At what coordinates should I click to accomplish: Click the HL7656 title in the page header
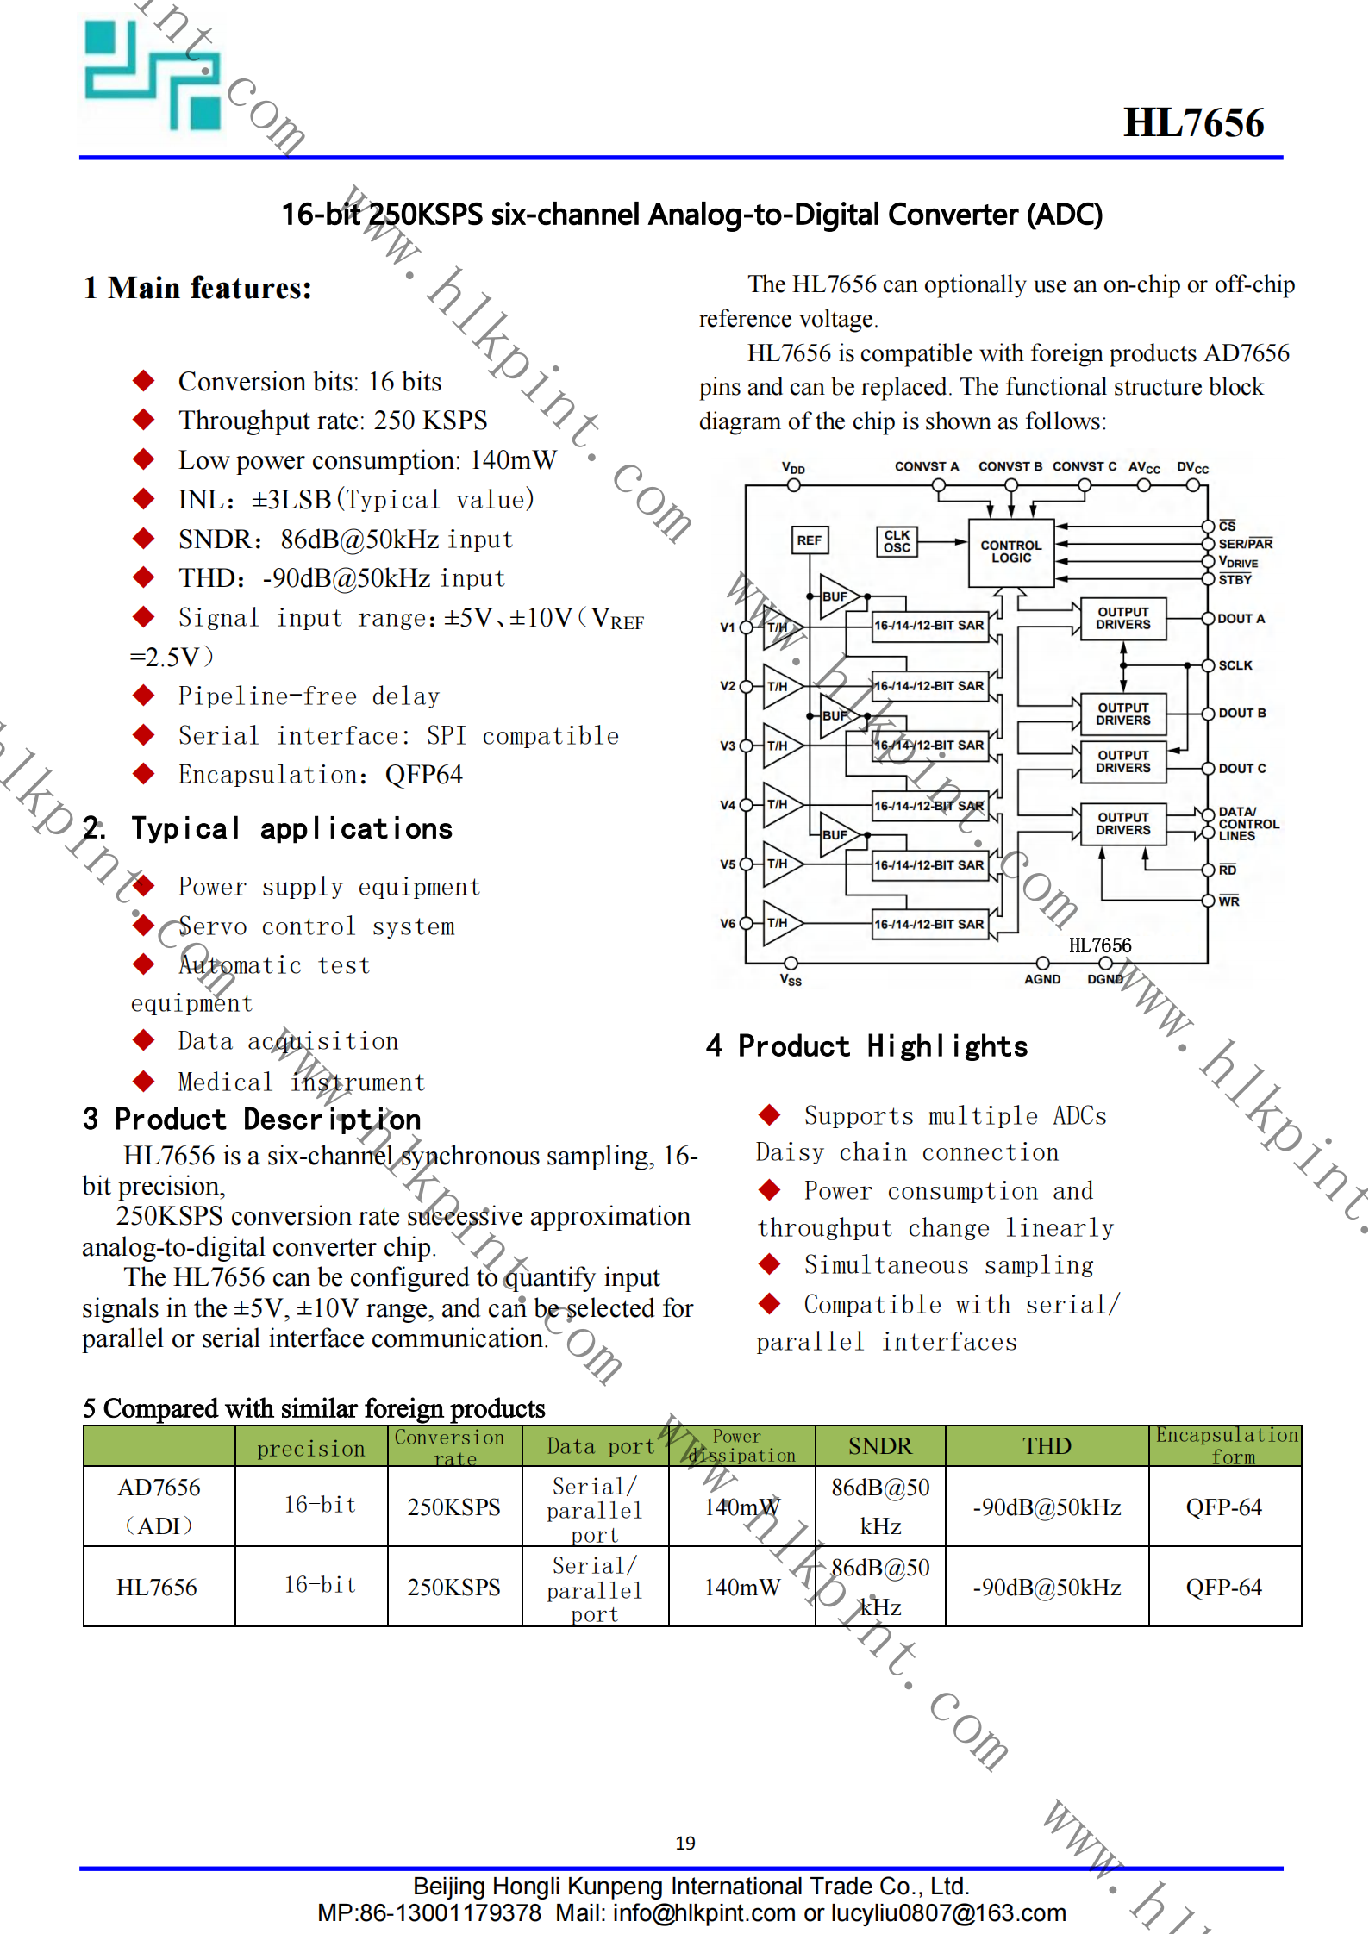click(1193, 123)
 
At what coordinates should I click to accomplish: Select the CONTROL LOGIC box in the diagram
click(1010, 552)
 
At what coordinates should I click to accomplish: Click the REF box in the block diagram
click(809, 540)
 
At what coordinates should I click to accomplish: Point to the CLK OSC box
click(897, 541)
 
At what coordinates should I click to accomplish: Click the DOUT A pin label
click(1241, 619)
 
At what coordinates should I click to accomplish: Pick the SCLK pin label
click(1235, 665)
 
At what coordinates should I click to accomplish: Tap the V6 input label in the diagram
click(728, 923)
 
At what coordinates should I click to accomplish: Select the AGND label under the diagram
click(1041, 979)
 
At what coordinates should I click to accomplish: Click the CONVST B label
click(1010, 466)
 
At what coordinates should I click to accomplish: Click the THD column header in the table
click(1047, 1446)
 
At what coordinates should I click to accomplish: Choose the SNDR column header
click(879, 1446)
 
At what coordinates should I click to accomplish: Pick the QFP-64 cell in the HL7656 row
click(1223, 1587)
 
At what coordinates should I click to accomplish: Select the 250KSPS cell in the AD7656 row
click(453, 1507)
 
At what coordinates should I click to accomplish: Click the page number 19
click(685, 1843)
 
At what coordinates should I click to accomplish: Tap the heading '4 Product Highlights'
click(866, 1046)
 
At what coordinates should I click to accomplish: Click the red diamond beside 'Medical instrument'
click(143, 1081)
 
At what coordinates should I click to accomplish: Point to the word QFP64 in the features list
click(423, 775)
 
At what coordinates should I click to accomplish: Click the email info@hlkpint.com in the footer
click(703, 1913)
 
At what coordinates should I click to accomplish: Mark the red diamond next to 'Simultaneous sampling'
click(769, 1264)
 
